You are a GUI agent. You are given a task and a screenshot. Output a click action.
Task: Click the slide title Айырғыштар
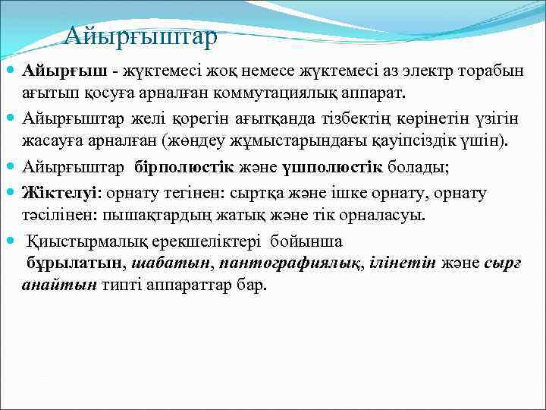[140, 35]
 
